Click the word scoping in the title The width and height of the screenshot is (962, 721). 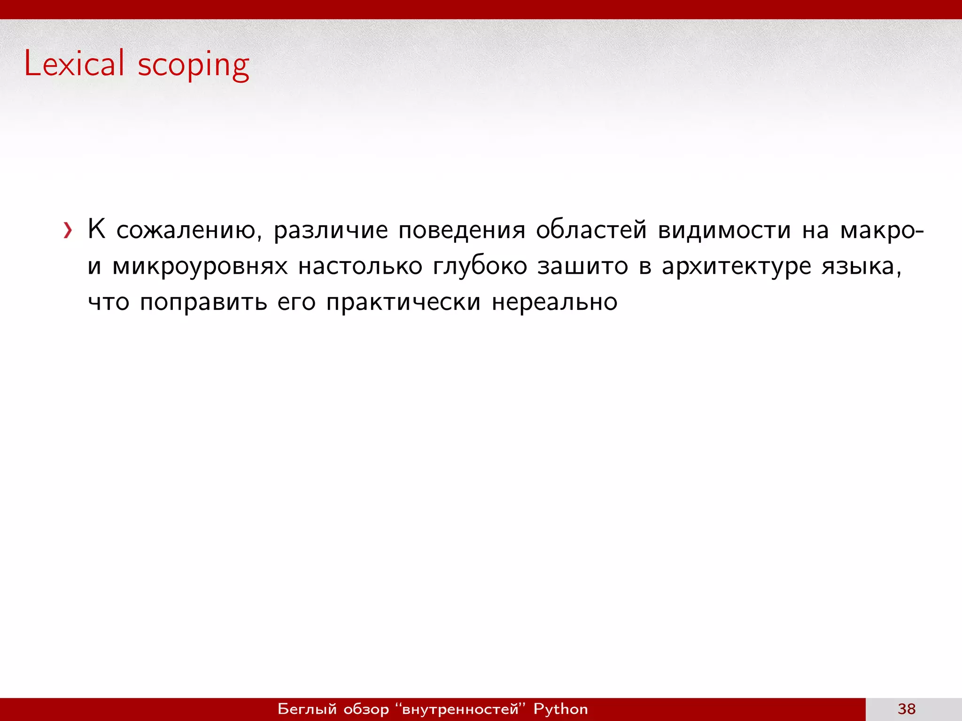[x=193, y=66]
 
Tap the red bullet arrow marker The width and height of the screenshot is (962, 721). [x=68, y=230]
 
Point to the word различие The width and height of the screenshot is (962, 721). [x=331, y=230]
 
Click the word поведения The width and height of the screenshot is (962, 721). [x=462, y=230]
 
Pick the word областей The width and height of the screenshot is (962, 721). [x=591, y=230]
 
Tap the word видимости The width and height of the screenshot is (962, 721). [x=724, y=230]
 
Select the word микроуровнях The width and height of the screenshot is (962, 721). [x=200, y=267]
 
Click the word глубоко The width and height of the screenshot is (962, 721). [x=480, y=266]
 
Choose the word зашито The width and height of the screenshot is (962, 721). [x=582, y=266]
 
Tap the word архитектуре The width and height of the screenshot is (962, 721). [x=736, y=267]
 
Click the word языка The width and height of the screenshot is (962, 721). [x=861, y=267]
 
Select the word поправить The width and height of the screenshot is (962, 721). [x=203, y=302]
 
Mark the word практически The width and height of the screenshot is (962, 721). [x=403, y=302]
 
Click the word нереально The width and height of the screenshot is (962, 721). [x=554, y=302]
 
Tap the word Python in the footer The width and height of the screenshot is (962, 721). [x=560, y=709]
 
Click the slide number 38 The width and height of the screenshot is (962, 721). [x=907, y=709]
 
